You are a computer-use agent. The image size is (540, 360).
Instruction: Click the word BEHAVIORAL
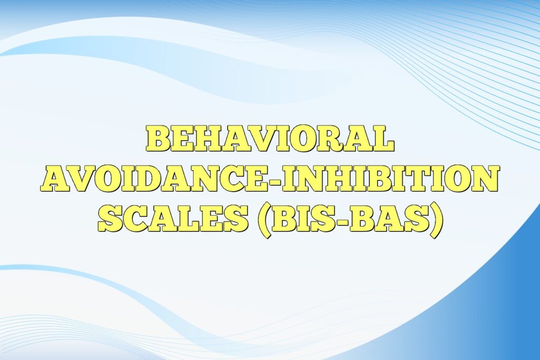tap(269, 139)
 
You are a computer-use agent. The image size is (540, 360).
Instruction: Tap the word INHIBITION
tap(390, 179)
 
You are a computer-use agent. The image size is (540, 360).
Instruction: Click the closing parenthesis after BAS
tap(435, 220)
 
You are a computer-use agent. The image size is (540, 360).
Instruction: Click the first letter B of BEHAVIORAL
tap(158, 139)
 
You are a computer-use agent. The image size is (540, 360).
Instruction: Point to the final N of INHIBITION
tap(483, 179)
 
